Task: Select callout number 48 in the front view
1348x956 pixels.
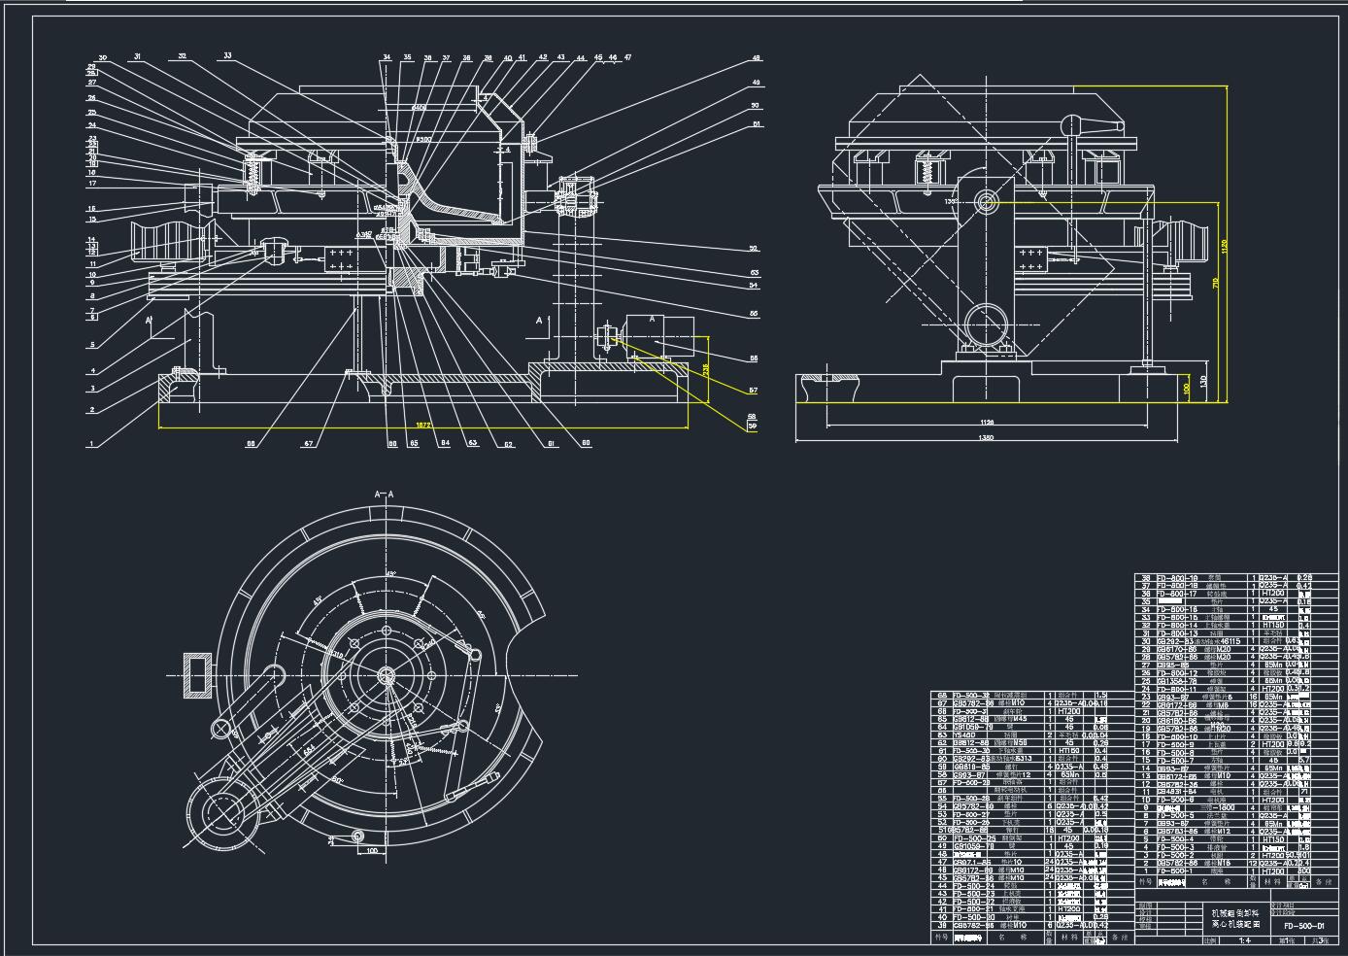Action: [x=756, y=59]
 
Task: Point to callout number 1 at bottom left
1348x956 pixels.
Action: [x=91, y=444]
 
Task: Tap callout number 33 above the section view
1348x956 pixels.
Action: [x=227, y=56]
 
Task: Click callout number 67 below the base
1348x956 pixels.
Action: [x=309, y=444]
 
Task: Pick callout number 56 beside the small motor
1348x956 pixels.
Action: [x=754, y=358]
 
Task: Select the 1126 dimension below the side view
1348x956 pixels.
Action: [x=987, y=422]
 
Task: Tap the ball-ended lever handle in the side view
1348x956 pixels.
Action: [x=1070, y=124]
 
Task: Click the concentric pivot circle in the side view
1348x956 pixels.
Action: [x=987, y=202]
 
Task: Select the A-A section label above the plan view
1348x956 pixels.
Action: [x=385, y=495]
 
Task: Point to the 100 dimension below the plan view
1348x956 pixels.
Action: [x=372, y=851]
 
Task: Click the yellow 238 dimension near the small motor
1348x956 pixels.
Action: [x=706, y=370]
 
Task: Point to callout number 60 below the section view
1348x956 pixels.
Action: [x=586, y=444]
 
